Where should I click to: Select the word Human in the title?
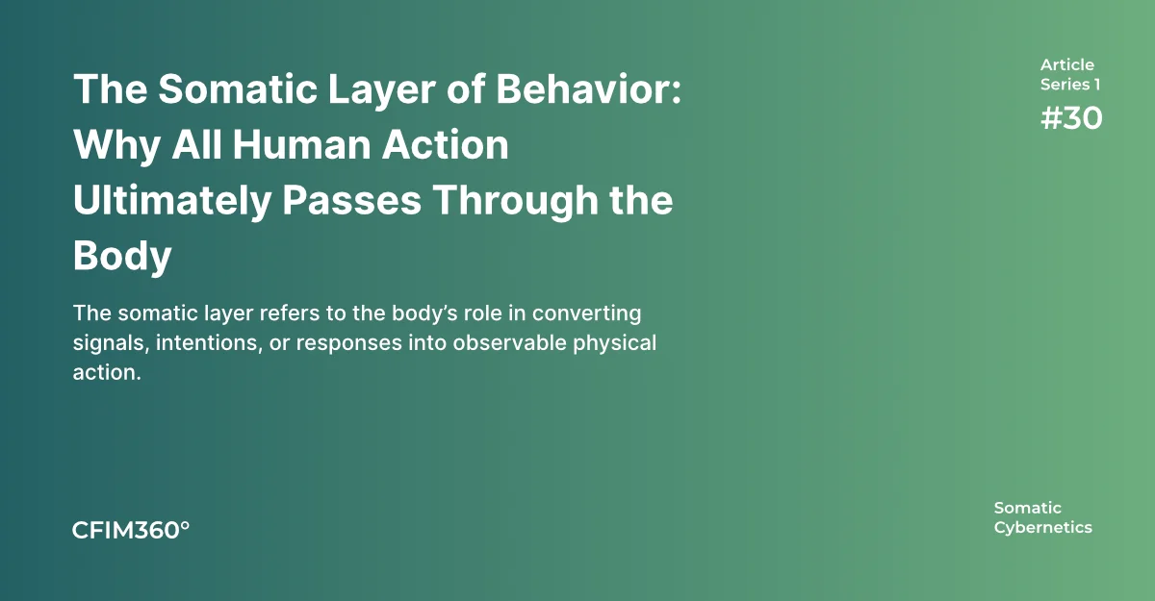coord(301,144)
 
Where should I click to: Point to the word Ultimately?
coord(172,201)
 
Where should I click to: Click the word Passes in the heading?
coord(351,200)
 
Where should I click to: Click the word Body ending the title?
coord(122,257)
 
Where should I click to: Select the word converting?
coord(587,314)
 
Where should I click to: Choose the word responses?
coord(349,344)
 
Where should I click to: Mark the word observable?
coord(509,343)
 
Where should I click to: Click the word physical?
coord(615,344)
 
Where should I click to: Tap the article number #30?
coord(1071,118)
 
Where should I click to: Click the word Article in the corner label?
coord(1066,64)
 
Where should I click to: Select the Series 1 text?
coord(1070,85)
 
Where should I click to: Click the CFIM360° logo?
coord(131,531)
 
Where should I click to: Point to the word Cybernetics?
coord(1043,528)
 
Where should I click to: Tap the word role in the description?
coord(482,313)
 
